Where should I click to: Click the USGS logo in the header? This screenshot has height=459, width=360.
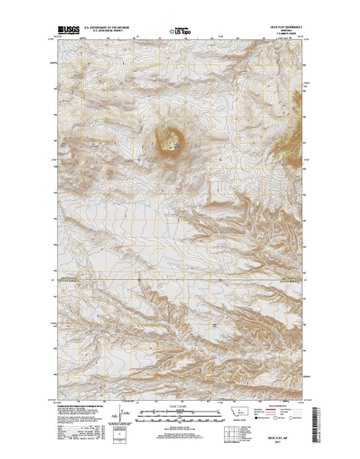pyautogui.click(x=66, y=33)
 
